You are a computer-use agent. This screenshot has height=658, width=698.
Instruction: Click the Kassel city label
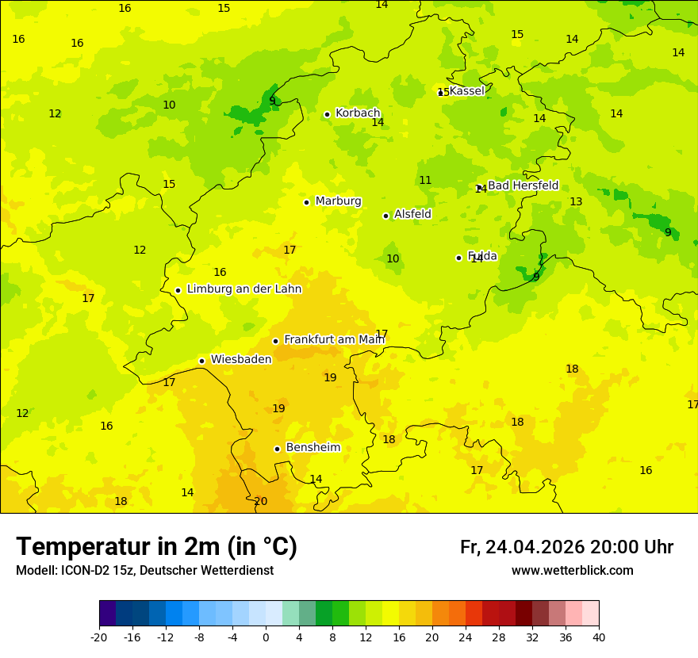(466, 91)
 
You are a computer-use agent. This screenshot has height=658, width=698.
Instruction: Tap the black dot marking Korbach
(327, 114)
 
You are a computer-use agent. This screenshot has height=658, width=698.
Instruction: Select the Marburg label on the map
(338, 201)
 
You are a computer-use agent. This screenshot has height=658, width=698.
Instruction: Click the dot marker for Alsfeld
(385, 216)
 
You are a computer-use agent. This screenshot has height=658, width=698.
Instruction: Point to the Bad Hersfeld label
(523, 186)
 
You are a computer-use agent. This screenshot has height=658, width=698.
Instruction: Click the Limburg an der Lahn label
(244, 289)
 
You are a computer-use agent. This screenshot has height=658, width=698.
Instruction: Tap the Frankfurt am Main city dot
(275, 341)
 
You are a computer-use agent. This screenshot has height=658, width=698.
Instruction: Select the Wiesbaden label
(241, 360)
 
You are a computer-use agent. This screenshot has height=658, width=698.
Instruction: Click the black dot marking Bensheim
(277, 449)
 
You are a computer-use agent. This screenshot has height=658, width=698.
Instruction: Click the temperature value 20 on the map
(260, 502)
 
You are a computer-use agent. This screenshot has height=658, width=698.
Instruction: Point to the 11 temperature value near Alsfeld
(425, 181)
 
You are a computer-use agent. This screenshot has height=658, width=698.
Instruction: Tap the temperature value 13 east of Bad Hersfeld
(576, 202)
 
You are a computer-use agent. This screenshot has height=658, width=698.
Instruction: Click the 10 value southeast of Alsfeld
(393, 259)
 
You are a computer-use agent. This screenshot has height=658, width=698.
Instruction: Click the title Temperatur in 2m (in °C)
(157, 546)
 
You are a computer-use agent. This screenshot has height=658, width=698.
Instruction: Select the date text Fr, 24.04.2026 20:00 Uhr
(566, 547)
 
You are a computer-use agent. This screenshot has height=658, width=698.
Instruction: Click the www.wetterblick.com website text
(572, 571)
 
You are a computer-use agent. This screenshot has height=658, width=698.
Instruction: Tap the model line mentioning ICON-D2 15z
(144, 571)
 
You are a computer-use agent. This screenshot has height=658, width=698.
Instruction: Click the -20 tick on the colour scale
(98, 637)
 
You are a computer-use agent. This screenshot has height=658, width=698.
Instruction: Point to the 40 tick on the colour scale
(599, 637)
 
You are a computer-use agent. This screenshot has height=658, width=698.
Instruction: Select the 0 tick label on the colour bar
(266, 637)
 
